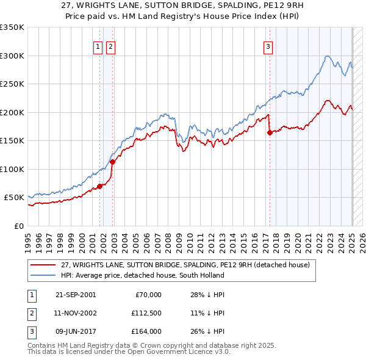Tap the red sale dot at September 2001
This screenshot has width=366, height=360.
[99, 186]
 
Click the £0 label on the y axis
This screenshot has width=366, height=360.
[18, 226]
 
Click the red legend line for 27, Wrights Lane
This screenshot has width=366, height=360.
[43, 265]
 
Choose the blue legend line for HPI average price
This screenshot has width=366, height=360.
[43, 275]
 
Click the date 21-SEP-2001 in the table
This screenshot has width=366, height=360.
[76, 295]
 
